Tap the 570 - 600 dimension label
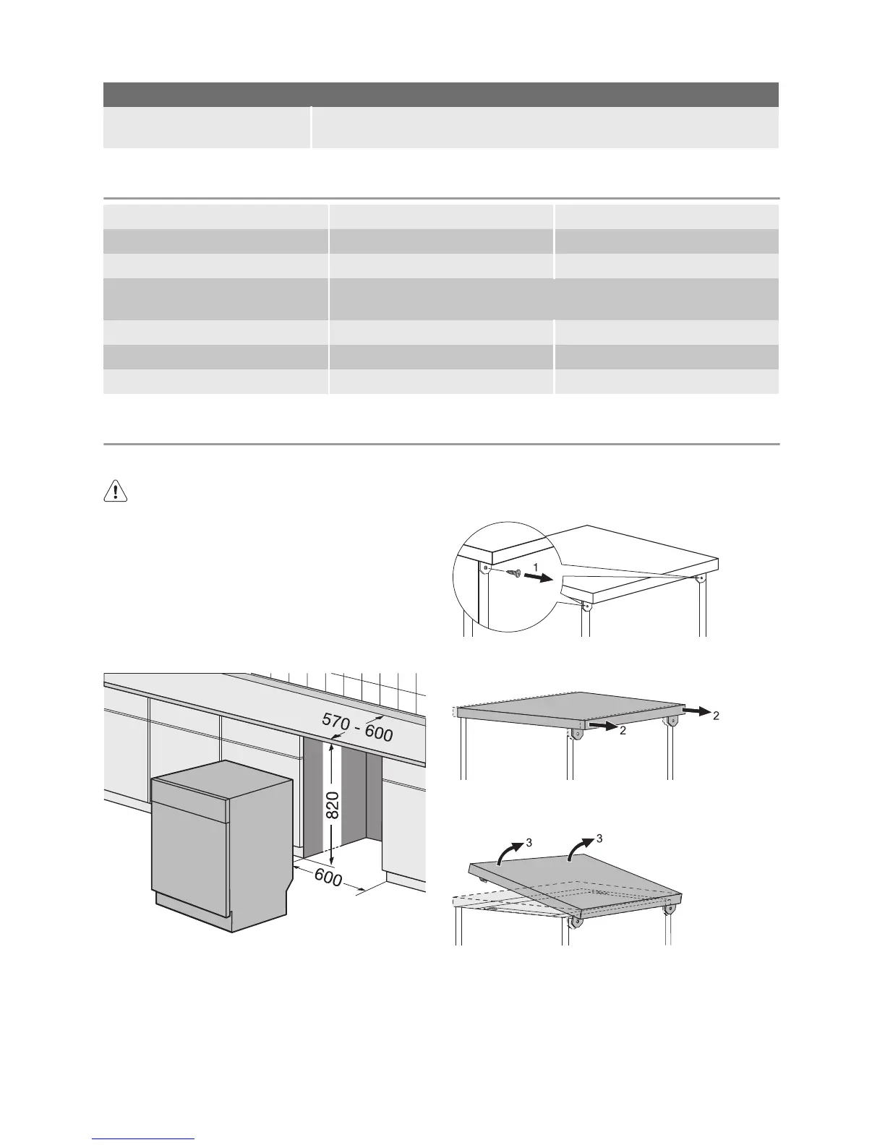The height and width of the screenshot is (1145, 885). (357, 725)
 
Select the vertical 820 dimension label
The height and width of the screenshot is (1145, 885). (333, 805)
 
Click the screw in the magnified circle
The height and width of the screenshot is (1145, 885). (514, 574)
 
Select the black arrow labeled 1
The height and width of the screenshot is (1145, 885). (538, 578)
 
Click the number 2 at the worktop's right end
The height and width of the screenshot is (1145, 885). (716, 716)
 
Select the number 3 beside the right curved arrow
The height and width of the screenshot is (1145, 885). (599, 839)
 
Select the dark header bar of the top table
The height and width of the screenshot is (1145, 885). (440, 95)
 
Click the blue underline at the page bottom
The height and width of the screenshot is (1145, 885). (144, 1139)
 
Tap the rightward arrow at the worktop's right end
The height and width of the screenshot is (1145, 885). (696, 711)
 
